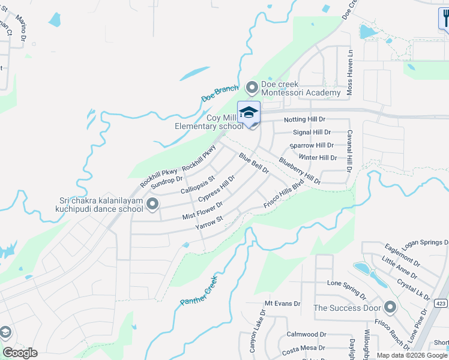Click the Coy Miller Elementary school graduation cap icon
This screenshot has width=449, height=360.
point(249,113)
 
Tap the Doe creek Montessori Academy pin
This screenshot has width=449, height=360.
point(252,87)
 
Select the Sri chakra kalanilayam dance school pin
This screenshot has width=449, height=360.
point(152,205)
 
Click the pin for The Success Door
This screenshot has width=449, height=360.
point(390,308)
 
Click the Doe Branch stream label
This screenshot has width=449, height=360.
point(220,94)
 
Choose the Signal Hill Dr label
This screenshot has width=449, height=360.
point(312,133)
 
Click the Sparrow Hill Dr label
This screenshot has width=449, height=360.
point(312,146)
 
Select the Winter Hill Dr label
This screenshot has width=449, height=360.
point(318,158)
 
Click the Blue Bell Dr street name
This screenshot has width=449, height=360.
point(253,163)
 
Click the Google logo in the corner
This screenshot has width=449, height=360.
point(20,353)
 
